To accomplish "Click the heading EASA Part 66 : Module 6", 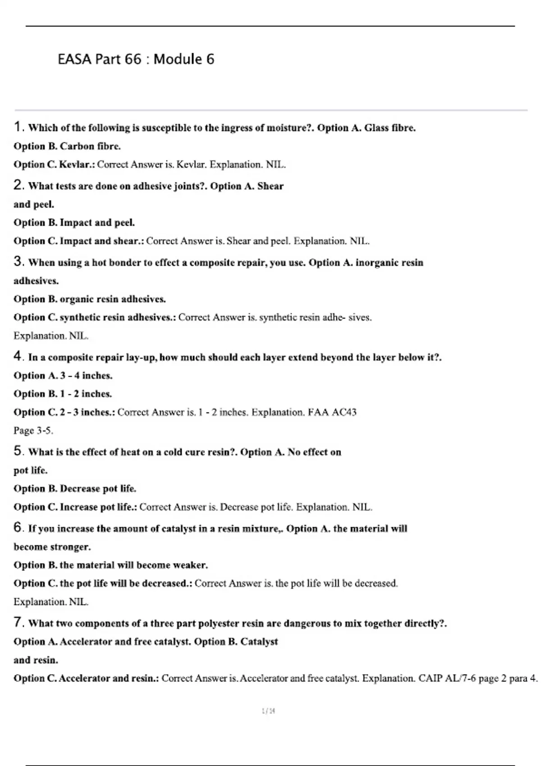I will (x=136, y=59).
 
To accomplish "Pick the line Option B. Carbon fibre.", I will (x=67, y=146).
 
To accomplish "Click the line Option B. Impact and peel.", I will (x=74, y=223).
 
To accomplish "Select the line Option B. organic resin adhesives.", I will (x=90, y=299).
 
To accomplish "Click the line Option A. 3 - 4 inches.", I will (x=63, y=376).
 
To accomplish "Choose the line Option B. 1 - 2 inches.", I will (x=63, y=394).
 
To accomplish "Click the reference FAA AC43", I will (x=332, y=412).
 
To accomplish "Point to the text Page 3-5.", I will (x=33, y=431).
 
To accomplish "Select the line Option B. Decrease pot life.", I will (x=75, y=489).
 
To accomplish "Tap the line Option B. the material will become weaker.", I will (x=110, y=565).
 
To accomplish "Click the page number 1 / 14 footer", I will (x=268, y=711).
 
